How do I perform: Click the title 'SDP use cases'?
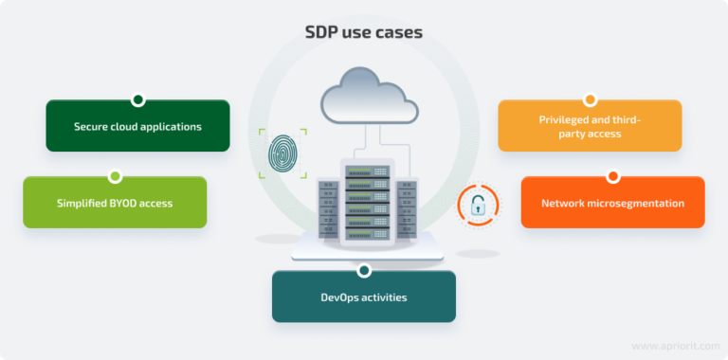363,32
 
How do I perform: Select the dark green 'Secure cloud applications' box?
137,126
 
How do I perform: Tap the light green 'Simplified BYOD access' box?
115,203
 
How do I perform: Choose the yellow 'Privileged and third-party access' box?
590,127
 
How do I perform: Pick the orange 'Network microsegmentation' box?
612,203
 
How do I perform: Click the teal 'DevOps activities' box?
364,297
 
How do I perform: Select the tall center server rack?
365,204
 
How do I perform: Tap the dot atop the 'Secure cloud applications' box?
137,99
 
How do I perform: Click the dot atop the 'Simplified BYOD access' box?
115,176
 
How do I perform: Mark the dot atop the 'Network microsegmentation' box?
612,176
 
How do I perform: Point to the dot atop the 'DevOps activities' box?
364,271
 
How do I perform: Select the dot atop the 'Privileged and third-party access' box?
590,99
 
